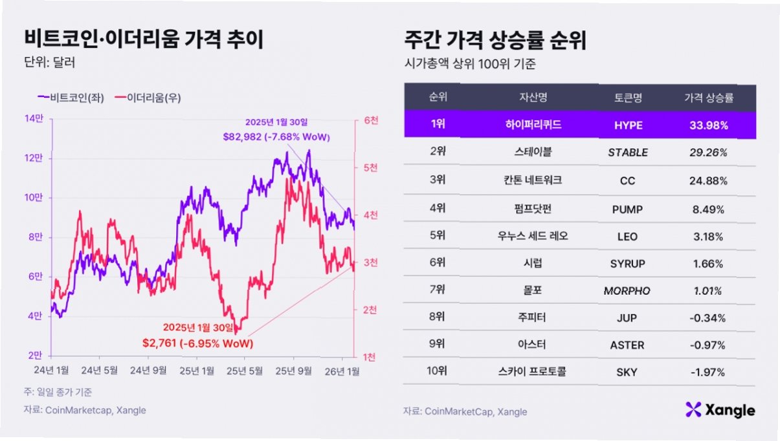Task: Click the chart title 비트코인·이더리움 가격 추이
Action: [x=144, y=41]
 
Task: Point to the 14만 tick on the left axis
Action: [x=34, y=118]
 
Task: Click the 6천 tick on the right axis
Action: [x=370, y=120]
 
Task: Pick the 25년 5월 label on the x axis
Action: [x=247, y=370]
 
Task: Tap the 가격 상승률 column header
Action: [x=709, y=98]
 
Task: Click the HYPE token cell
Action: [x=628, y=125]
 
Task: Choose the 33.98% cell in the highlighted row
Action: [x=709, y=125]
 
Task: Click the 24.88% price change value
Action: [x=709, y=180]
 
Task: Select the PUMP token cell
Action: [x=628, y=209]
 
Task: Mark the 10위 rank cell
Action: [x=438, y=371]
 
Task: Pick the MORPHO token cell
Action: [x=628, y=291]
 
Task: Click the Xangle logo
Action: [x=720, y=409]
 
